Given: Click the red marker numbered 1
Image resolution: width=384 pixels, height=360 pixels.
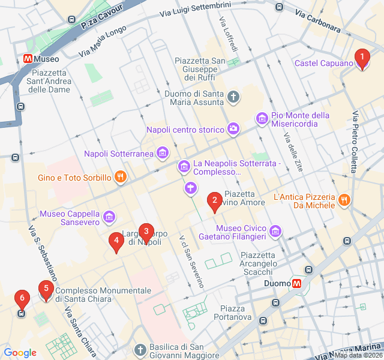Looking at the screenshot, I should (x=362, y=58).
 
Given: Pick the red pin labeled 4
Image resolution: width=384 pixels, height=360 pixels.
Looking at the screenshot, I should (x=116, y=241).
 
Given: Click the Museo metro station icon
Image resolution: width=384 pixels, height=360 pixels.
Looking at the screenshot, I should (x=27, y=59).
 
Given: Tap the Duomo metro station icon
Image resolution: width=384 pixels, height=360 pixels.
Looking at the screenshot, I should (x=296, y=283).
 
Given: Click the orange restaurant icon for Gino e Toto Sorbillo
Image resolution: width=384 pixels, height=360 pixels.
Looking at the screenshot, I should (x=121, y=177).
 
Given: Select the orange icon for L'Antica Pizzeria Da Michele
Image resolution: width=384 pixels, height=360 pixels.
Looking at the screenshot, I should (x=344, y=200).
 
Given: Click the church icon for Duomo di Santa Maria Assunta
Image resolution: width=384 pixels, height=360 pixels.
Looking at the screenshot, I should (x=233, y=97).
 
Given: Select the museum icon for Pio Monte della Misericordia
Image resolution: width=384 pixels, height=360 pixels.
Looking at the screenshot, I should (x=262, y=119).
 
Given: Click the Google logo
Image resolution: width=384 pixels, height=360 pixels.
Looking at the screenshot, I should (x=20, y=353).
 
